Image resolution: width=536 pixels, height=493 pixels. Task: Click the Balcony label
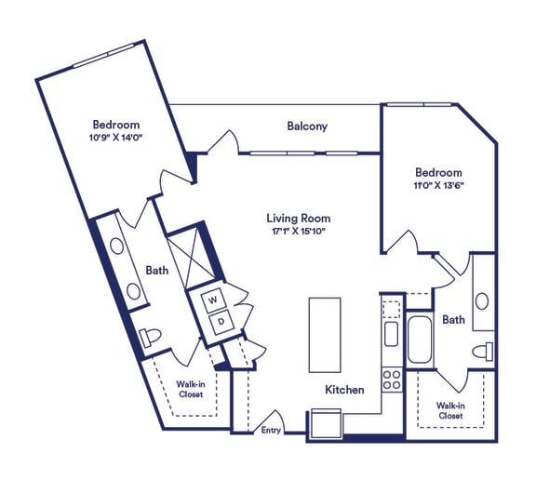307,127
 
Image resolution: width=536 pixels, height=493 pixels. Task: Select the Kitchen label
344,390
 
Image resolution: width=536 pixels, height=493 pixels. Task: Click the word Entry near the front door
271,430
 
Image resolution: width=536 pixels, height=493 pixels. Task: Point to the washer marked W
211,300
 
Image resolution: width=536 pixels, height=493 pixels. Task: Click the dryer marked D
221,322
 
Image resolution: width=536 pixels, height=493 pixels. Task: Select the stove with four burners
392,380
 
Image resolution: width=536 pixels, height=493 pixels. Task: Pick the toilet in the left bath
151,336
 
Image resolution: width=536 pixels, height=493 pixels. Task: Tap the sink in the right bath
482,301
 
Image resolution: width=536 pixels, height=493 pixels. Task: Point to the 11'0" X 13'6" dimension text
438,185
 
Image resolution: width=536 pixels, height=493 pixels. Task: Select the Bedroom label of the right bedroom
438,172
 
